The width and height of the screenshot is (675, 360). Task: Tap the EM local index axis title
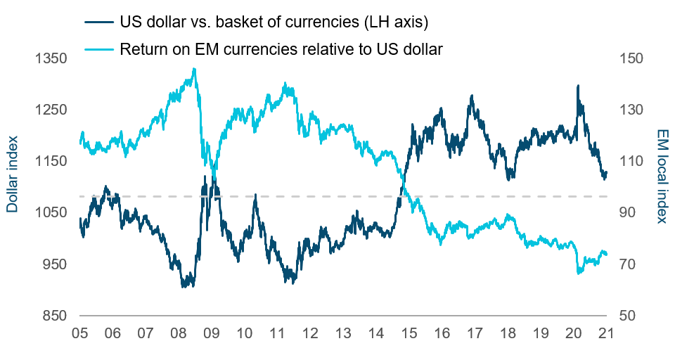pyautogui.click(x=662, y=176)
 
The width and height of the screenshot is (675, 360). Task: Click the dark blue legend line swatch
pyautogui.click(x=99, y=22)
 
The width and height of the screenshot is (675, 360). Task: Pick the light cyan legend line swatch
pyautogui.click(x=99, y=49)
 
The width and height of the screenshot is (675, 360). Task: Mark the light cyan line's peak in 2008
pyautogui.click(x=194, y=69)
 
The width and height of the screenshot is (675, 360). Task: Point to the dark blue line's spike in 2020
pyautogui.click(x=578, y=86)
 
